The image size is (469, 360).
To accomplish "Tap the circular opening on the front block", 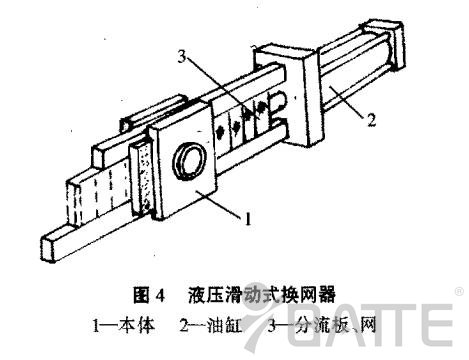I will pos(190,159).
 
